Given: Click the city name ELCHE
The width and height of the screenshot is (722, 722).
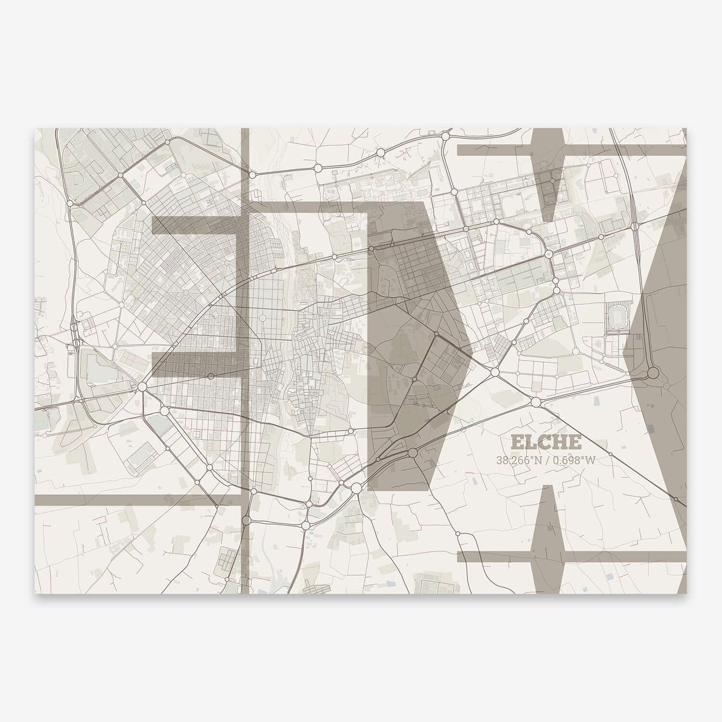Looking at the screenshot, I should point(546,442).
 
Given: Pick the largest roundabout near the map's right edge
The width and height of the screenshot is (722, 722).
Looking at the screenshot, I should point(653,373).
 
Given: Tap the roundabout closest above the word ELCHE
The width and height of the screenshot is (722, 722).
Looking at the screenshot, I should point(536,402).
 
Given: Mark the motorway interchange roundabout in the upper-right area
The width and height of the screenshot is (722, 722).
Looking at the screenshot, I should point(634,226).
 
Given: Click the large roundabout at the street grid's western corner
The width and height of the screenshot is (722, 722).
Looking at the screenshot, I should point(142,386).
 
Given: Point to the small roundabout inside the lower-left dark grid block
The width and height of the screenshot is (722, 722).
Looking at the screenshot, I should point(210,376).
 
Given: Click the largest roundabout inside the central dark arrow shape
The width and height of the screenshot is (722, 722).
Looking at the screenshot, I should point(413,453).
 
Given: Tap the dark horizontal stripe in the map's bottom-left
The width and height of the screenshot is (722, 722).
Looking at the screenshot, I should point(135,499).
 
